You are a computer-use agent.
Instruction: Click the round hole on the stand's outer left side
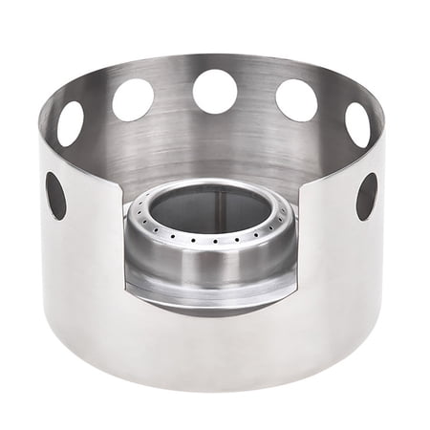pos(56,195)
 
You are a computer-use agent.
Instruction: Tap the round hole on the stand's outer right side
pos(366,196)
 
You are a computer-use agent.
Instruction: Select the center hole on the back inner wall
pos(215,92)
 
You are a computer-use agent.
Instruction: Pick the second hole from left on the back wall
pos(133,98)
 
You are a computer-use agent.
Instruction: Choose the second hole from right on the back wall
pos(296,99)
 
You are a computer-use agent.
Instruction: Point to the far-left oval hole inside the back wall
pos(71,123)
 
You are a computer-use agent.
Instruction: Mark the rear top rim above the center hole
pos(215,59)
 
